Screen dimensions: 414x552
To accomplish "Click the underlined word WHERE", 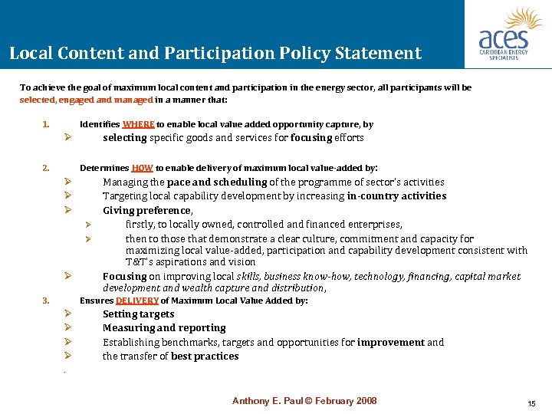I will [x=138, y=124].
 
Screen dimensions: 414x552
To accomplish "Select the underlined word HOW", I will [x=143, y=167].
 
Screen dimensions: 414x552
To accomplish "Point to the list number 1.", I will [x=46, y=124].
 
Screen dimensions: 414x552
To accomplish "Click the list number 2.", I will [x=46, y=167].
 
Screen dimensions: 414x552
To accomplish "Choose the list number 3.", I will [x=46, y=301].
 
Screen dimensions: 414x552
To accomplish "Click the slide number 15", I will [x=531, y=403].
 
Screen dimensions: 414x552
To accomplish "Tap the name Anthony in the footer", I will [x=252, y=401].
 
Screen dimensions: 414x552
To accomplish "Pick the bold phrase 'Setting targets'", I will [x=138, y=314].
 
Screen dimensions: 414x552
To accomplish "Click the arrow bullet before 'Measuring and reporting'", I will [x=68, y=328].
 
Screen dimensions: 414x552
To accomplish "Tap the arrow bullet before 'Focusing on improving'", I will [x=68, y=276].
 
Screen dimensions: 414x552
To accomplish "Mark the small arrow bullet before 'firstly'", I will [x=89, y=225].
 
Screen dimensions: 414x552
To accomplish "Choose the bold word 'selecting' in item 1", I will [x=125, y=138].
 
